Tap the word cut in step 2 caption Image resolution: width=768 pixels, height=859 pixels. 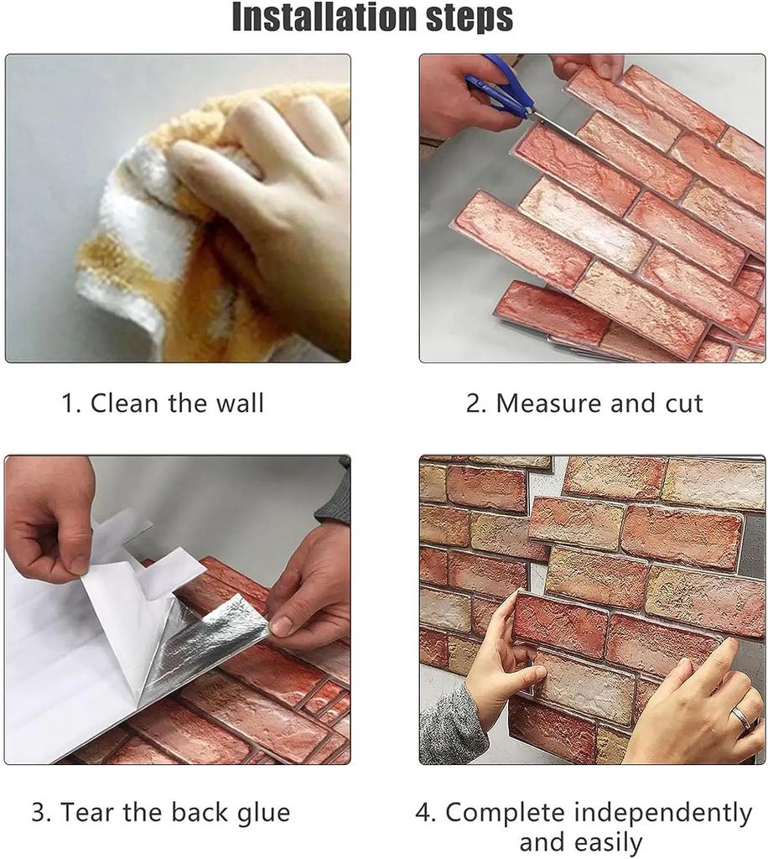tap(680, 403)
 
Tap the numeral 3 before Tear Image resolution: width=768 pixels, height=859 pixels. tap(38, 813)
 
